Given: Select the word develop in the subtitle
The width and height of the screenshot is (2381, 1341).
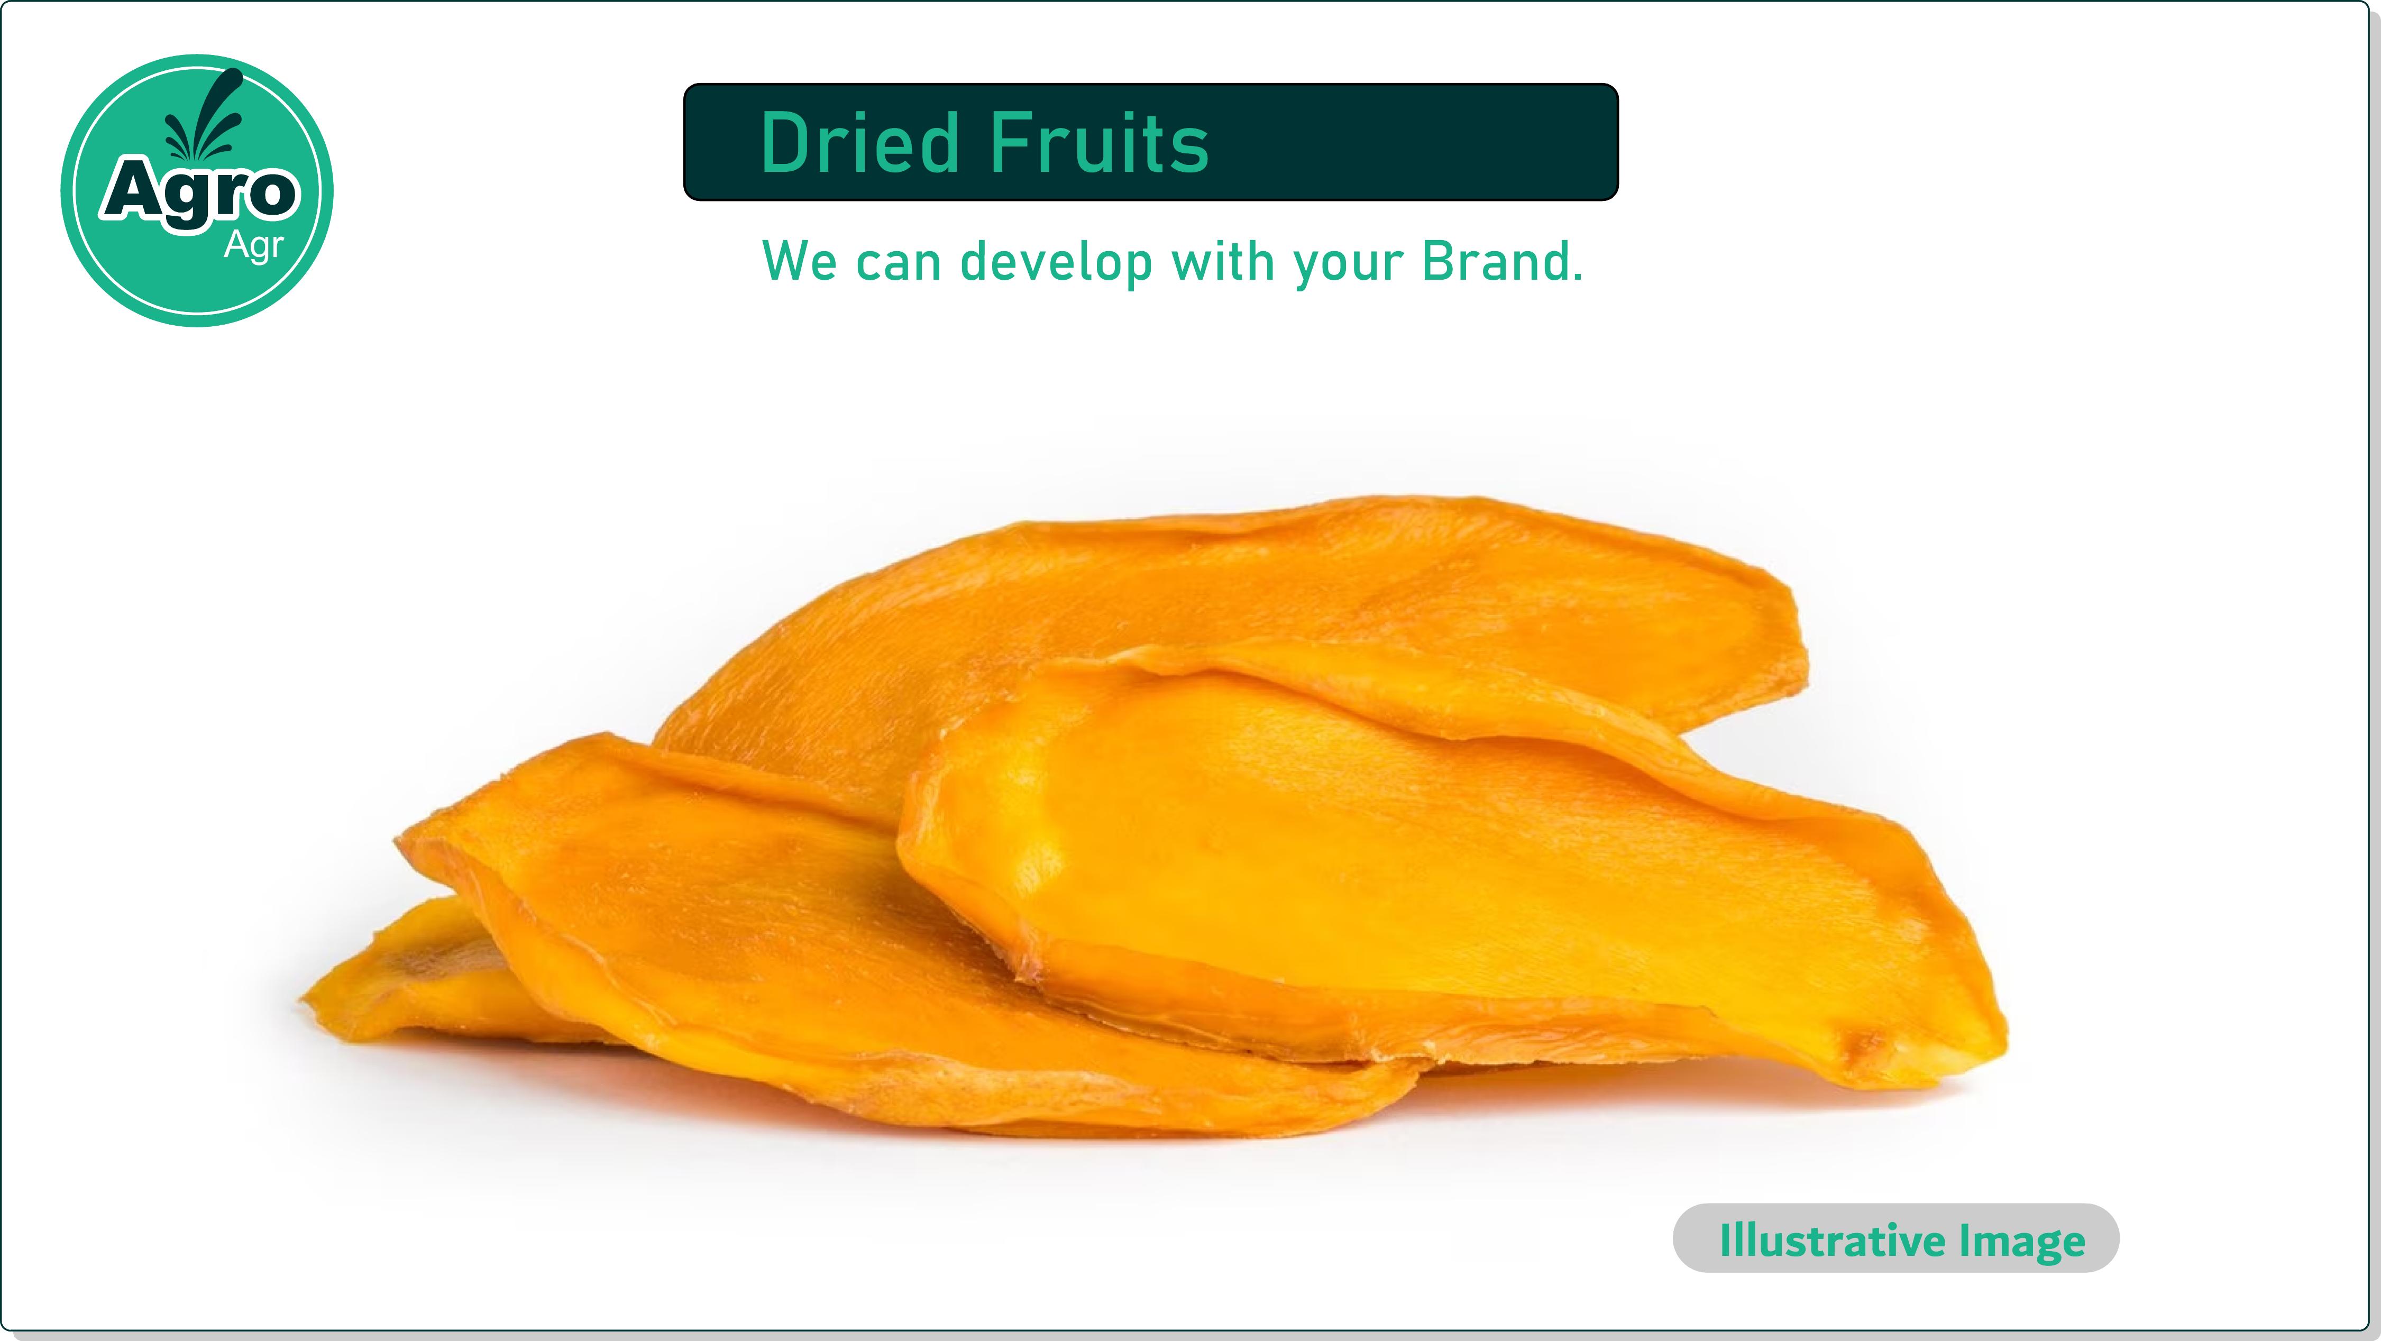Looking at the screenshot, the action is point(1057,263).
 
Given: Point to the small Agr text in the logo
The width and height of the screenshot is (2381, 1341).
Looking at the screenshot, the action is point(253,247).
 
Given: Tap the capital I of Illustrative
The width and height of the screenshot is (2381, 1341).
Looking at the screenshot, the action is point(1725,1239).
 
